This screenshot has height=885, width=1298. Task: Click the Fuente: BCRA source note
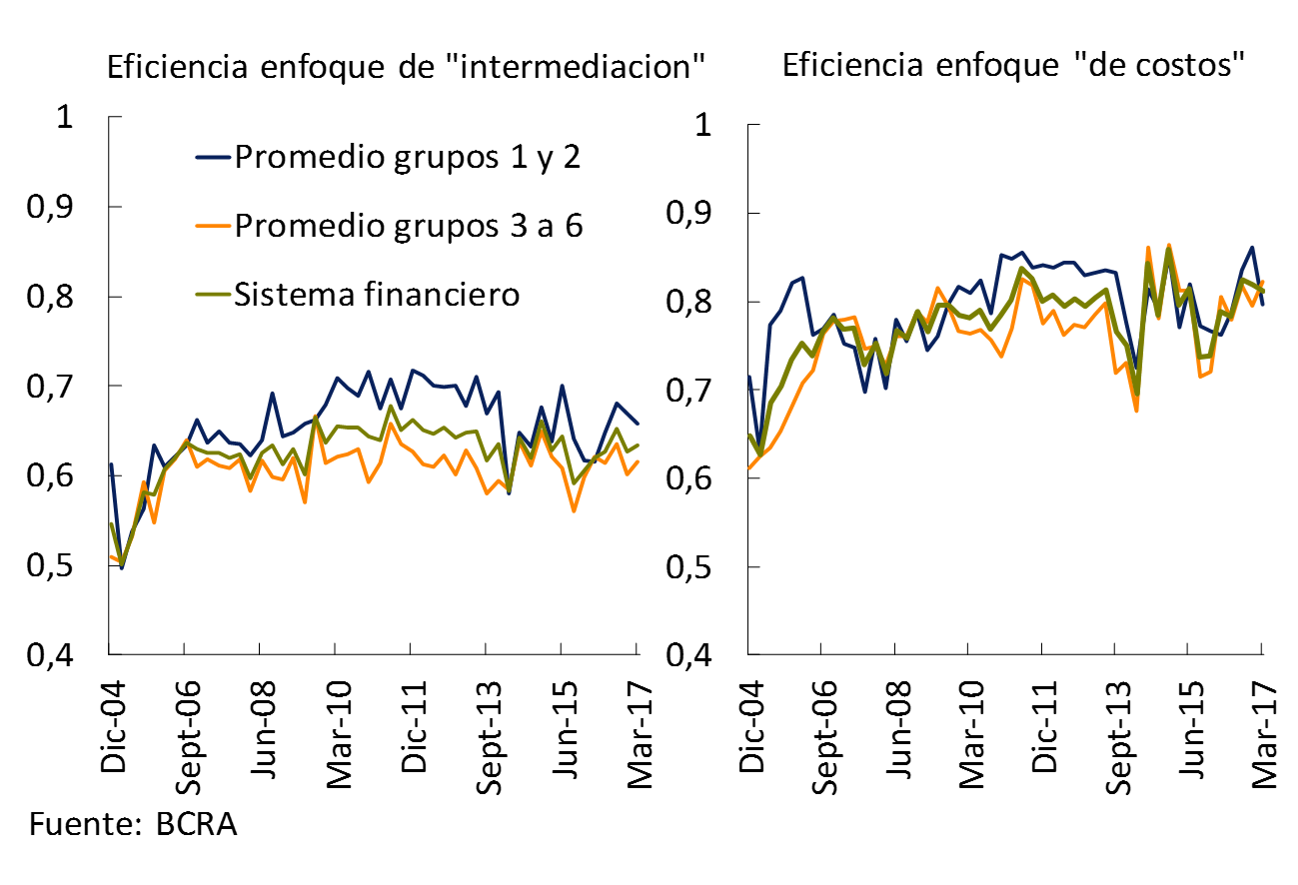pyautogui.click(x=134, y=826)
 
